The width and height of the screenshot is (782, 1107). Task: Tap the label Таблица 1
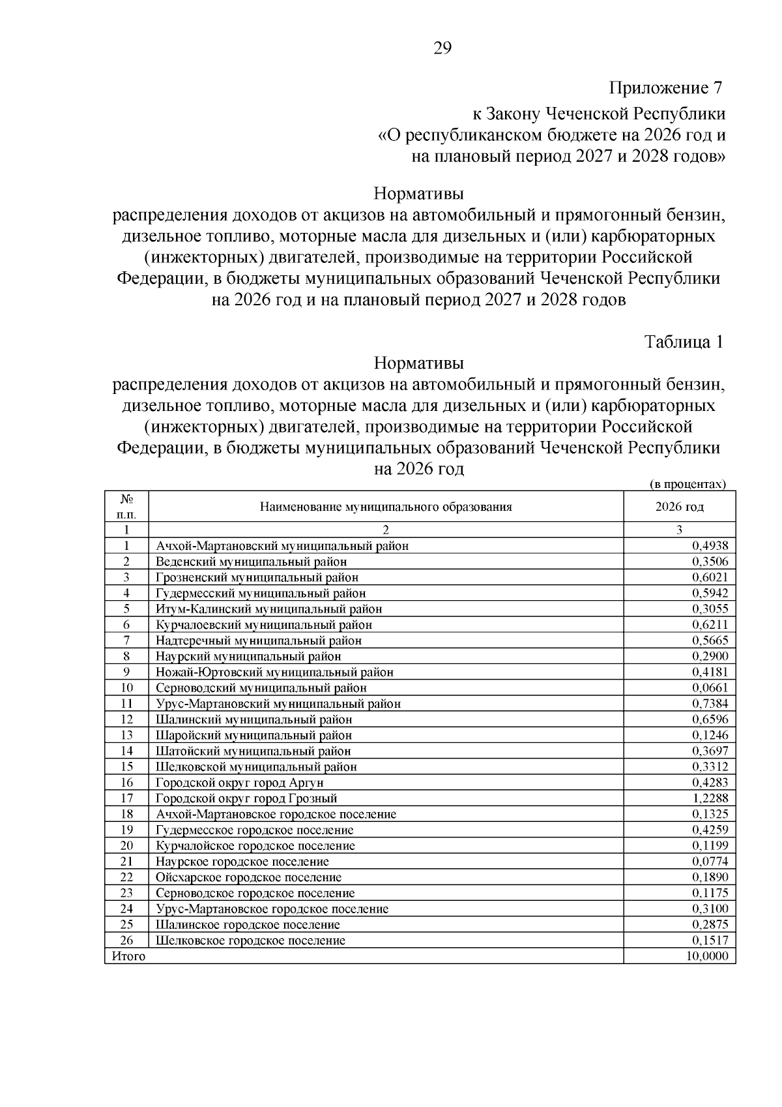pos(684,342)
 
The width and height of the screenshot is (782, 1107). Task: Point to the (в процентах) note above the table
pos(688,484)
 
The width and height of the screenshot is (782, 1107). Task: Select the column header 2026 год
pos(680,507)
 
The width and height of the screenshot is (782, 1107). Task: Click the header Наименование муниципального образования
pos(386,507)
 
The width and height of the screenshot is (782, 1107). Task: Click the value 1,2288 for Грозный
pos(710,798)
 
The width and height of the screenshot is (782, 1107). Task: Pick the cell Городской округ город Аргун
pos(239,783)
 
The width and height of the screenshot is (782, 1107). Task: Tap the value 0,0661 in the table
pos(710,688)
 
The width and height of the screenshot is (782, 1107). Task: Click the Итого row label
pos(129,956)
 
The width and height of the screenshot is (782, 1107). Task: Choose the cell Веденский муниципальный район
pos(251,562)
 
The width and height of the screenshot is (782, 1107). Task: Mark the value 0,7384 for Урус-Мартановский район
pos(710,704)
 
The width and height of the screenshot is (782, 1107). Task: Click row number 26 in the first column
pos(126,941)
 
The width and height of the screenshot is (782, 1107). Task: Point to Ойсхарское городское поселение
pos(248,878)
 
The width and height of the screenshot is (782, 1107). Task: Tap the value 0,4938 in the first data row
pos(710,546)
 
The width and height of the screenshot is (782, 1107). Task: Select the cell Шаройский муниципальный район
pos(253,735)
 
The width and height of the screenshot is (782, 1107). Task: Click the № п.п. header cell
pos(126,507)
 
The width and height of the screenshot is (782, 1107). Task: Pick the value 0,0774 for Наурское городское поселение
pos(710,862)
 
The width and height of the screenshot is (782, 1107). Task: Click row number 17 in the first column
pos(126,798)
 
